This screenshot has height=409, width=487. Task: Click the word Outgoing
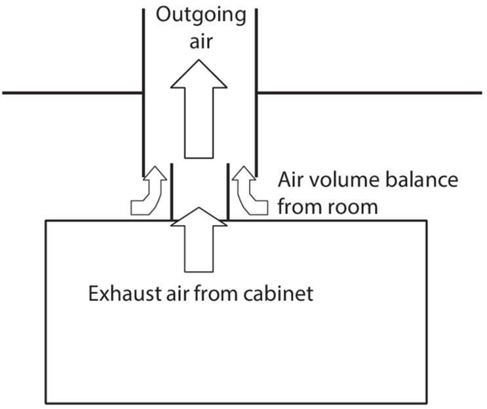point(200,14)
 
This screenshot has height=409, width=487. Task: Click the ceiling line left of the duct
point(72,93)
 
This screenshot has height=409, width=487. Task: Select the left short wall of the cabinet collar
point(171,193)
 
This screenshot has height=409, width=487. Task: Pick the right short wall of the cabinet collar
point(227,193)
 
